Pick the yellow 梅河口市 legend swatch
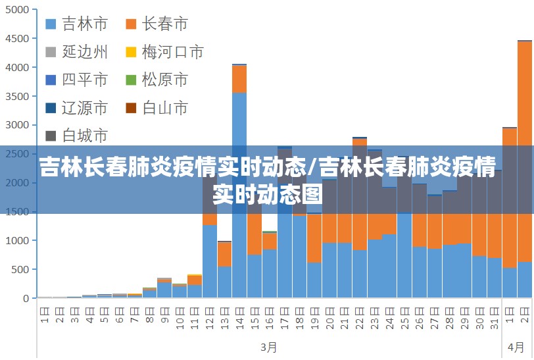click(131, 52)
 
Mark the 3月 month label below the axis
click(268, 346)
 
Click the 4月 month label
click(516, 346)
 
